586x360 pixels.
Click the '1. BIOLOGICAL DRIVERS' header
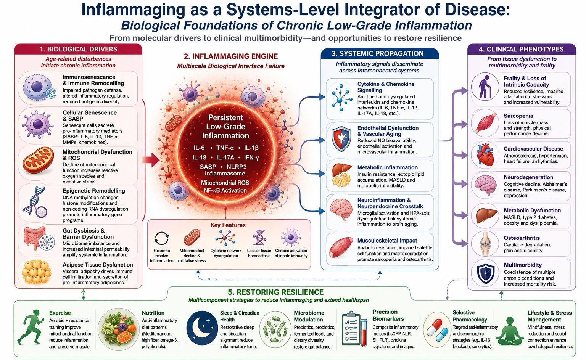pyautogui.click(x=78, y=49)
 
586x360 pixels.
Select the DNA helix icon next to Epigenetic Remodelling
pyautogui.click(x=35, y=202)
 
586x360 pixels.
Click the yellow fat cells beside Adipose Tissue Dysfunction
pyautogui.click(x=36, y=272)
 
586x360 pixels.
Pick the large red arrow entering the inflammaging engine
pyautogui.click(x=151, y=159)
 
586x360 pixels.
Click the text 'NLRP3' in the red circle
pyautogui.click(x=237, y=167)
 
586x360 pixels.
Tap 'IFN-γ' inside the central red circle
pyautogui.click(x=251, y=157)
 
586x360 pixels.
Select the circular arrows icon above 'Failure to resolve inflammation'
pyautogui.click(x=162, y=238)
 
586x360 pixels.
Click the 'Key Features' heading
pyautogui.click(x=228, y=225)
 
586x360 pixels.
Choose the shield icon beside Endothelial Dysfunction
pyautogui.click(x=341, y=139)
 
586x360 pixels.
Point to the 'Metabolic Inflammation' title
pyautogui.click(x=388, y=167)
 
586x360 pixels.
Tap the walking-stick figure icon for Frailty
pyautogui.click(x=485, y=87)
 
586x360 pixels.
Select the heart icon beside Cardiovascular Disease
pyautogui.click(x=485, y=155)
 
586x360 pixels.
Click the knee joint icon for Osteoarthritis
pyautogui.click(x=485, y=243)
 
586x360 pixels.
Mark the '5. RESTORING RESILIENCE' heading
pyautogui.click(x=275, y=292)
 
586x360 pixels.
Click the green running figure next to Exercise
pyautogui.click(x=31, y=327)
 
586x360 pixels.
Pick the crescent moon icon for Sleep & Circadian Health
pyautogui.click(x=202, y=328)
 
